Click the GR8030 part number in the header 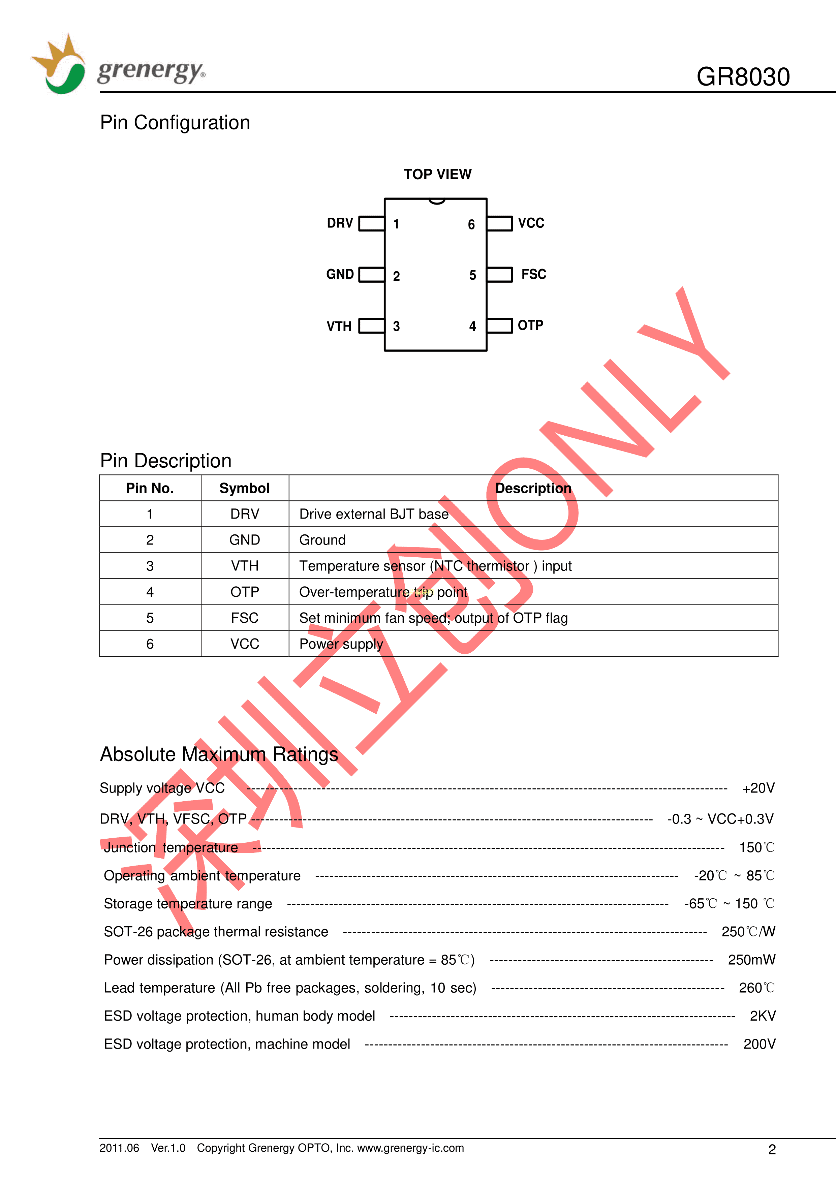pos(742,77)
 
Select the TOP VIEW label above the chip pos(437,175)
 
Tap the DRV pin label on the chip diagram pos(340,223)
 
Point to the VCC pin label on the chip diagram pos(531,223)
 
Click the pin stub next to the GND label pos(371,274)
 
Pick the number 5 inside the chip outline pos(472,275)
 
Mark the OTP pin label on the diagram pos(530,325)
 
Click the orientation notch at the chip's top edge pos(436,201)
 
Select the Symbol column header pos(245,488)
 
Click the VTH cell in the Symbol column pos(245,566)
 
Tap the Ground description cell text pos(322,540)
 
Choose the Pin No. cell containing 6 pos(150,644)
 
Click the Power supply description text pos(341,644)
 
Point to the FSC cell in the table pos(245,618)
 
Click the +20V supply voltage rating pos(758,788)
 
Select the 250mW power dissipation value pos(751,960)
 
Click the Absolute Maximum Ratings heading pos(219,754)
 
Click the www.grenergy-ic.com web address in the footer pos(410,1148)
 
